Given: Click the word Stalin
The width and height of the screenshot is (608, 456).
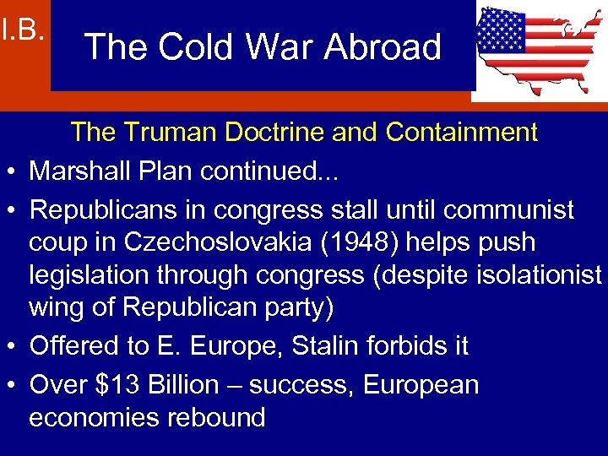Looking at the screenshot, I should pos(331,345).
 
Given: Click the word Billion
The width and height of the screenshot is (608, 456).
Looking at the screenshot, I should pos(182,385).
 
